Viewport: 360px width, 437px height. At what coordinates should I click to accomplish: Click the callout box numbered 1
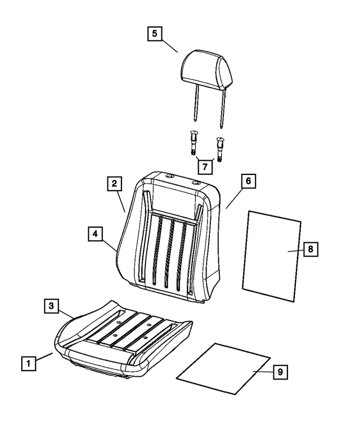coord(29,363)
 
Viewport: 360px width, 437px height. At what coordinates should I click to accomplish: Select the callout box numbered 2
coord(114,183)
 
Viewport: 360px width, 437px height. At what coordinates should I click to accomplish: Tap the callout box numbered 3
coord(51,306)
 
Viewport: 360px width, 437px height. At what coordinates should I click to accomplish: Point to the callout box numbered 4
coord(95,233)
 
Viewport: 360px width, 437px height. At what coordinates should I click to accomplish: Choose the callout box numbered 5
coord(155,33)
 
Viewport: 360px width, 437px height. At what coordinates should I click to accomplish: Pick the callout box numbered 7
coord(204,166)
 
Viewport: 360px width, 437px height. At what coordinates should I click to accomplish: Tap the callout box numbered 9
coord(279,372)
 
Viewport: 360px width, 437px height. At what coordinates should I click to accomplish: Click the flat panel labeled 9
coord(224,368)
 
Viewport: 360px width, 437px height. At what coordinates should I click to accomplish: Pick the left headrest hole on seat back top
coord(169,179)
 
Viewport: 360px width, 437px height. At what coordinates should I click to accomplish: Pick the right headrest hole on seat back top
coord(195,183)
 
